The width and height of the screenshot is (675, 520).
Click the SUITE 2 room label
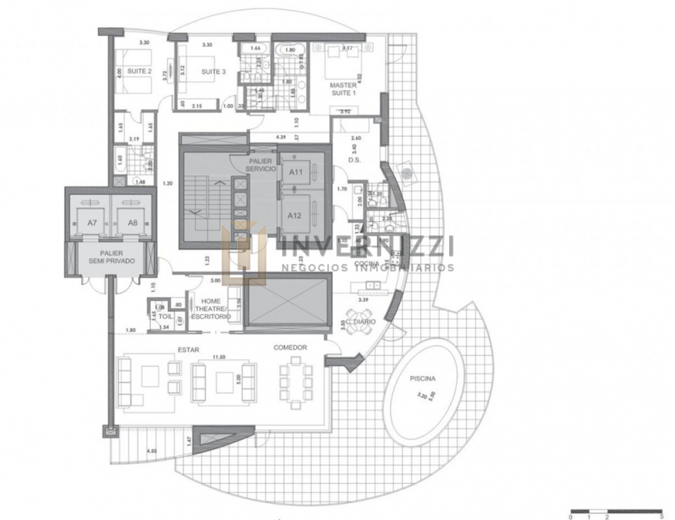tap(139, 71)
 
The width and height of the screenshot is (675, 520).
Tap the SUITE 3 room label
tap(213, 72)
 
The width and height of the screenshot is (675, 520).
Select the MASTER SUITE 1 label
tap(343, 89)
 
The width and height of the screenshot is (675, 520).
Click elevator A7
tap(91, 223)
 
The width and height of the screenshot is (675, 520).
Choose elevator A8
tap(132, 223)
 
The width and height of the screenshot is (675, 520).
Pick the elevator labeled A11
tap(296, 172)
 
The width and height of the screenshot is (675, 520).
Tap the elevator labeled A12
tap(295, 215)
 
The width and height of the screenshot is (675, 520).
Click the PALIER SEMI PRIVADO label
tap(112, 257)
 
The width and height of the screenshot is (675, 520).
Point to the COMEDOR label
tap(290, 348)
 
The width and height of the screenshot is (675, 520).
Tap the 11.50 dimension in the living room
tap(219, 357)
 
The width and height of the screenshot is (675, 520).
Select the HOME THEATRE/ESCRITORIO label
tap(211, 309)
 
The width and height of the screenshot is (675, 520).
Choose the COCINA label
tap(366, 264)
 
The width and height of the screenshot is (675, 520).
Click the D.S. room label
tap(354, 160)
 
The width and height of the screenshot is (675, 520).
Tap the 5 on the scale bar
tap(662, 516)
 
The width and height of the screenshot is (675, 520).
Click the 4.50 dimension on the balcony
tap(152, 450)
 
